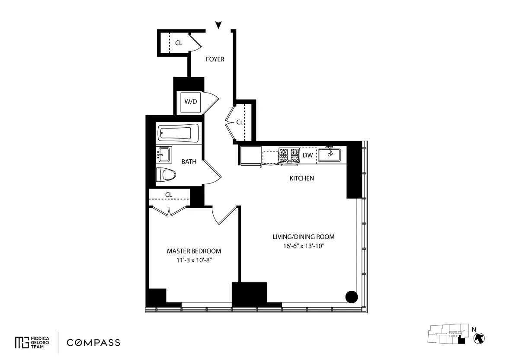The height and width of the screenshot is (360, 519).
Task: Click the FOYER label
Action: [215, 59]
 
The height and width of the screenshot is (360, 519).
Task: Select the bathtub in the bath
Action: [178, 133]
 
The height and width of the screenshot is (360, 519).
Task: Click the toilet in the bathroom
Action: [167, 175]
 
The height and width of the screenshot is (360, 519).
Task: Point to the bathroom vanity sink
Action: [164, 154]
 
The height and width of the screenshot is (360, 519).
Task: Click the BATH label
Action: [189, 162]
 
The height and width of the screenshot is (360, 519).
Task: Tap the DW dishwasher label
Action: [308, 155]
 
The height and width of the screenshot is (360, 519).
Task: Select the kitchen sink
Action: [330, 154]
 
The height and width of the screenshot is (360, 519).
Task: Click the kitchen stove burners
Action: [289, 154]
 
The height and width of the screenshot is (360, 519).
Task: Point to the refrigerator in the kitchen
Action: [250, 155]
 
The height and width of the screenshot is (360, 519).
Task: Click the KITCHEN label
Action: [301, 178]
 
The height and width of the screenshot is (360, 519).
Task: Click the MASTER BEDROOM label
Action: [194, 251]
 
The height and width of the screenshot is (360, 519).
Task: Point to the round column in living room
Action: [352, 297]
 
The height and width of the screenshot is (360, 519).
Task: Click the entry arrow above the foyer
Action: [219, 25]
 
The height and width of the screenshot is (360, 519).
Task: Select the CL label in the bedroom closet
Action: [169, 195]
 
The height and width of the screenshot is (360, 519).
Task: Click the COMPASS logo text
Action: [93, 343]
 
